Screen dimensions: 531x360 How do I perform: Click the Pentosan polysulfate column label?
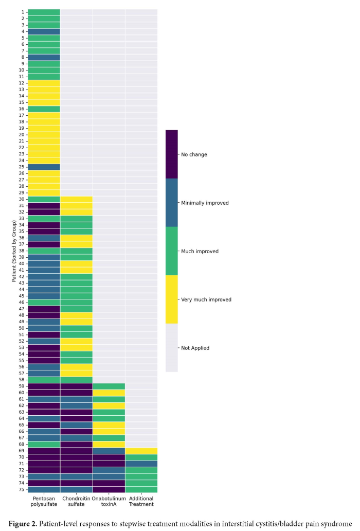pyautogui.click(x=44, y=501)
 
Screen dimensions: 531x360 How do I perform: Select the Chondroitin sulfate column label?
pyautogui.click(x=76, y=501)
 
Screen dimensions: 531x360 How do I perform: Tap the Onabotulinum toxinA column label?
pyautogui.click(x=109, y=501)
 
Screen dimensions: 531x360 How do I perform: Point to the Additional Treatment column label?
pyautogui.click(x=141, y=501)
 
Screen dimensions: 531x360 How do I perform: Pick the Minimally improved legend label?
pyautogui.click(x=205, y=203)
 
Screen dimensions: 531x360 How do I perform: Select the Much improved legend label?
pyautogui.click(x=200, y=251)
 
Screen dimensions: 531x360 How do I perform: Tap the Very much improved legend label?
pyautogui.click(x=206, y=299)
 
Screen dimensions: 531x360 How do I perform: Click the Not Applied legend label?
pyautogui.click(x=195, y=348)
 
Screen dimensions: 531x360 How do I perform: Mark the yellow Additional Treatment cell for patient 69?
pyautogui.click(x=141, y=451)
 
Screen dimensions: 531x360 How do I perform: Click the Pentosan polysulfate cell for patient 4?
pyautogui.click(x=44, y=31)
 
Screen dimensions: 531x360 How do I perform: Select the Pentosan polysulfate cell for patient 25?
pyautogui.click(x=44, y=167)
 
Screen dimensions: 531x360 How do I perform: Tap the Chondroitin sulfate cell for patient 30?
pyautogui.click(x=76, y=199)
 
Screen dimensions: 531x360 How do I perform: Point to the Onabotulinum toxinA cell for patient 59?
pyautogui.click(x=109, y=386)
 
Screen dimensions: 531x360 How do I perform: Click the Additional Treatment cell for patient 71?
pyautogui.click(x=141, y=464)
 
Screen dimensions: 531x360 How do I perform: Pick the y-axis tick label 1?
pyautogui.click(x=23, y=12)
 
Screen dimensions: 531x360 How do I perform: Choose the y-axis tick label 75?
pyautogui.click(x=21, y=489)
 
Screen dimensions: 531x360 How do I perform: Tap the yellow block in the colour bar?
pyautogui.click(x=171, y=299)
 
